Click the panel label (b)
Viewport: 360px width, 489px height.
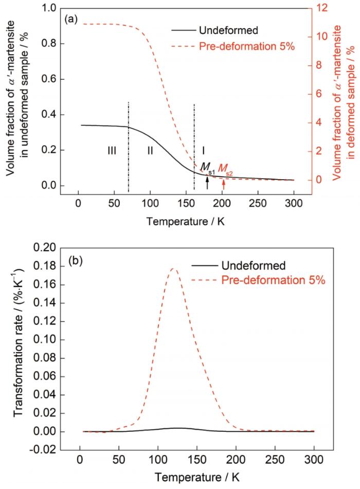tap(76, 260)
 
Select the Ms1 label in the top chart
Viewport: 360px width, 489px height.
tap(207, 168)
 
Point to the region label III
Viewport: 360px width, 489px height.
tap(112, 151)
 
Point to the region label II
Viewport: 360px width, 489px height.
tap(150, 151)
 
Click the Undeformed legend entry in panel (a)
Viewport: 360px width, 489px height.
tap(214, 30)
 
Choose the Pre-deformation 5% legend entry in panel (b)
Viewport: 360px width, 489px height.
tap(258, 280)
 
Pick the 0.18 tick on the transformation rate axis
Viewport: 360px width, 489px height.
tap(45, 266)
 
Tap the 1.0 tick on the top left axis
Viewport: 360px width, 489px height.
tap(49, 8)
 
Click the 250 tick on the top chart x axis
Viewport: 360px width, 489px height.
tap(258, 204)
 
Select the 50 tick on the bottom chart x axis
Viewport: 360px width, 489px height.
tap(119, 460)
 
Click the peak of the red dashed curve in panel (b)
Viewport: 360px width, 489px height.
tap(174, 268)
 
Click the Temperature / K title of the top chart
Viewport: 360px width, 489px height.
tap(186, 221)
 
